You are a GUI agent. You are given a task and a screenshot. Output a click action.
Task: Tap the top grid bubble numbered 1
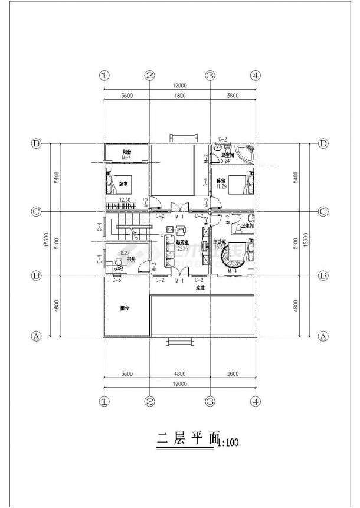pyautogui.click(x=104, y=76)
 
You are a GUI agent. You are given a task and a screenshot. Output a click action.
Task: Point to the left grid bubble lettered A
pyautogui.click(x=36, y=336)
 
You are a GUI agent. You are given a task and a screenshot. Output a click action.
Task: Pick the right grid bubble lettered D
pyautogui.click(x=323, y=143)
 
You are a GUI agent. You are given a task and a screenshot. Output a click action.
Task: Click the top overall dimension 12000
pyautogui.click(x=179, y=86)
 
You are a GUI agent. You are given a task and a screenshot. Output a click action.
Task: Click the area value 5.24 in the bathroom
pyautogui.click(x=224, y=160)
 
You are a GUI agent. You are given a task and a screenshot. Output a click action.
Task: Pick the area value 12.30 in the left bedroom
pyautogui.click(x=124, y=199)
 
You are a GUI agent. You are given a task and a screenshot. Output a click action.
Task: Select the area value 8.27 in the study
pyautogui.click(x=125, y=253)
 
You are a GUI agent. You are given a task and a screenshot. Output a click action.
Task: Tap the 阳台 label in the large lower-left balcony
pyautogui.click(x=125, y=307)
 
